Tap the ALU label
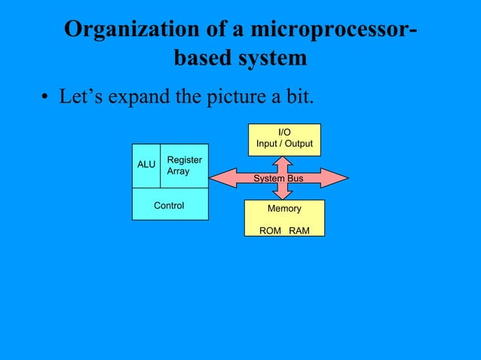pyautogui.click(x=146, y=164)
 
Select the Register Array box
pyautogui.click(x=184, y=166)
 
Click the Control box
pyautogui.click(x=169, y=205)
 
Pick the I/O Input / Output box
pyautogui.click(x=284, y=139)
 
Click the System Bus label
pyautogui.click(x=278, y=178)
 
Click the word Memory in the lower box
pyautogui.click(x=284, y=209)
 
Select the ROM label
pyautogui.click(x=270, y=230)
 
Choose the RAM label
pyautogui.click(x=299, y=230)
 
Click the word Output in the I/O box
pyautogui.click(x=298, y=144)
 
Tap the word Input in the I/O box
pyautogui.click(x=268, y=144)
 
